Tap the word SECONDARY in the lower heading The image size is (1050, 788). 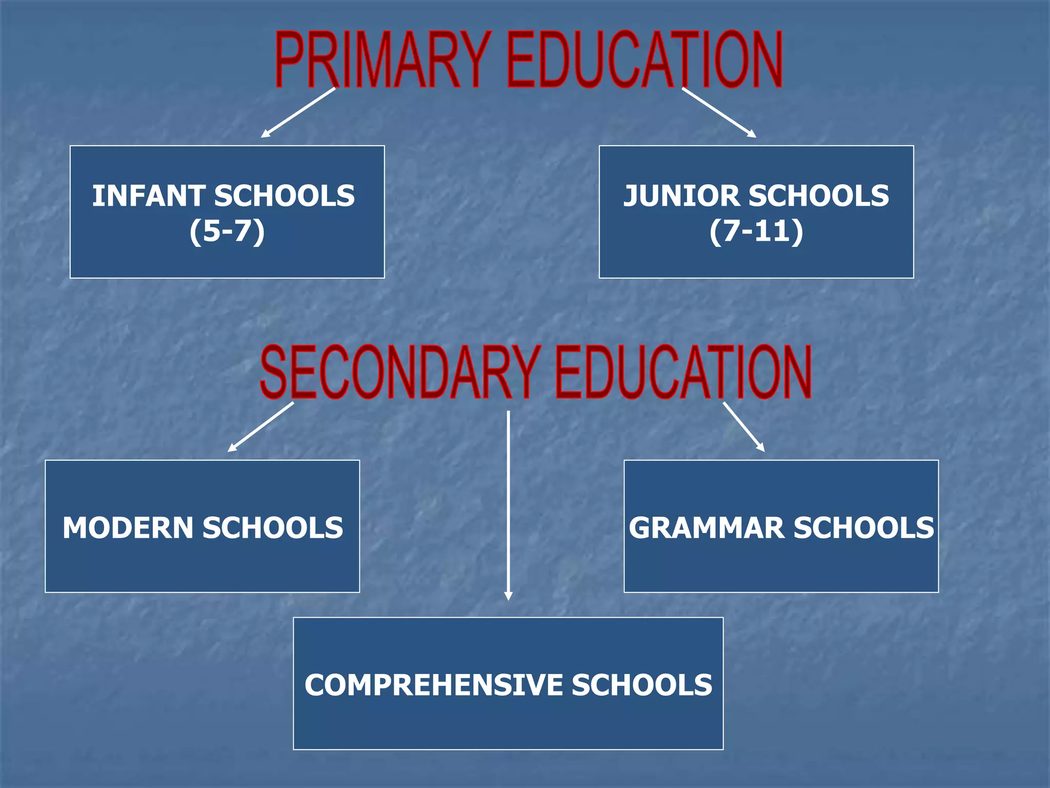coord(400,372)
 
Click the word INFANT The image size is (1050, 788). coord(149,196)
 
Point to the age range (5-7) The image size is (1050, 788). coord(227,231)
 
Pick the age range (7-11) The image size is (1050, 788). coord(756,231)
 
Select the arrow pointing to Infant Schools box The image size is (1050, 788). coord(298,112)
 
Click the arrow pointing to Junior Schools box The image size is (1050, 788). coord(719,112)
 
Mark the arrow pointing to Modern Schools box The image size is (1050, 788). coord(260,427)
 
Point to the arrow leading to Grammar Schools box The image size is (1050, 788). coord(743,427)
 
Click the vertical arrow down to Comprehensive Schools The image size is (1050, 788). coord(508,505)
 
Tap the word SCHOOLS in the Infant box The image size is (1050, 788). coord(284,196)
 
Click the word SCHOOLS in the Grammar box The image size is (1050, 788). coord(863,528)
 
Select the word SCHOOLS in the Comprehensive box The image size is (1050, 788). coord(642,685)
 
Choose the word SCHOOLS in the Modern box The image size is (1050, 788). coord(273,528)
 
